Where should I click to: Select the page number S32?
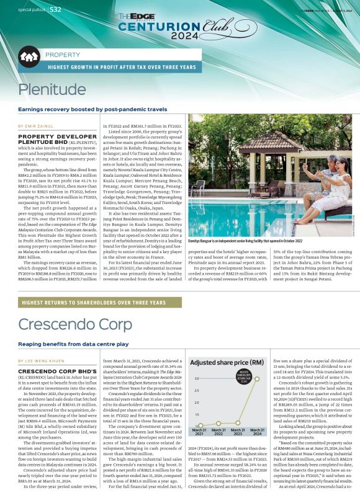[x=55, y=9]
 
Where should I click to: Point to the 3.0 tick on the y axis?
[x=196, y=378]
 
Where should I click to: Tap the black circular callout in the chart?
[x=244, y=378]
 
